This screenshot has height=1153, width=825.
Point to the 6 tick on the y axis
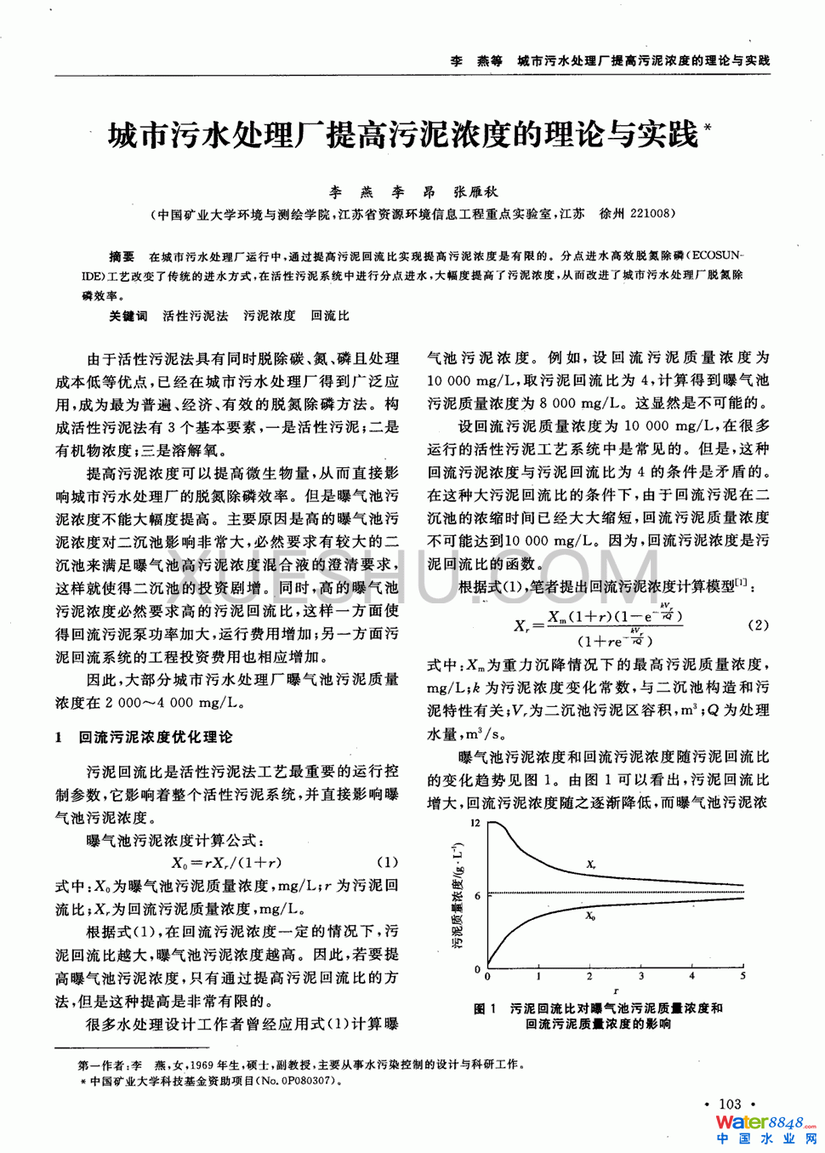coord(477,895)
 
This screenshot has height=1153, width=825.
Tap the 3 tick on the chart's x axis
coord(640,976)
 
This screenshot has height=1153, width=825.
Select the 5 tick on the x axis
coord(742,976)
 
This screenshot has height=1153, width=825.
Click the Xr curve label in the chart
coord(590,865)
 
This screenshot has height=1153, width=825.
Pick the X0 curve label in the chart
coord(590,916)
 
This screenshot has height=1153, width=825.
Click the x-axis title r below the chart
coord(615,990)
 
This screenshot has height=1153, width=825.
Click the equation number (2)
coord(758,625)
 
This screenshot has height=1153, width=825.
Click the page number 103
coord(730,1104)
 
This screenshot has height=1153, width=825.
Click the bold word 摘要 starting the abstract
coord(122,255)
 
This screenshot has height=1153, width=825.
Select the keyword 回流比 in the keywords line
coord(330,316)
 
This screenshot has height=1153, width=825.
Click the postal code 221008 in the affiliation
coord(651,214)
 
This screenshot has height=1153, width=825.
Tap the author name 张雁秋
coord(475,192)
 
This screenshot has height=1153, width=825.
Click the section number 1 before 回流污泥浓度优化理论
coord(59,737)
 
